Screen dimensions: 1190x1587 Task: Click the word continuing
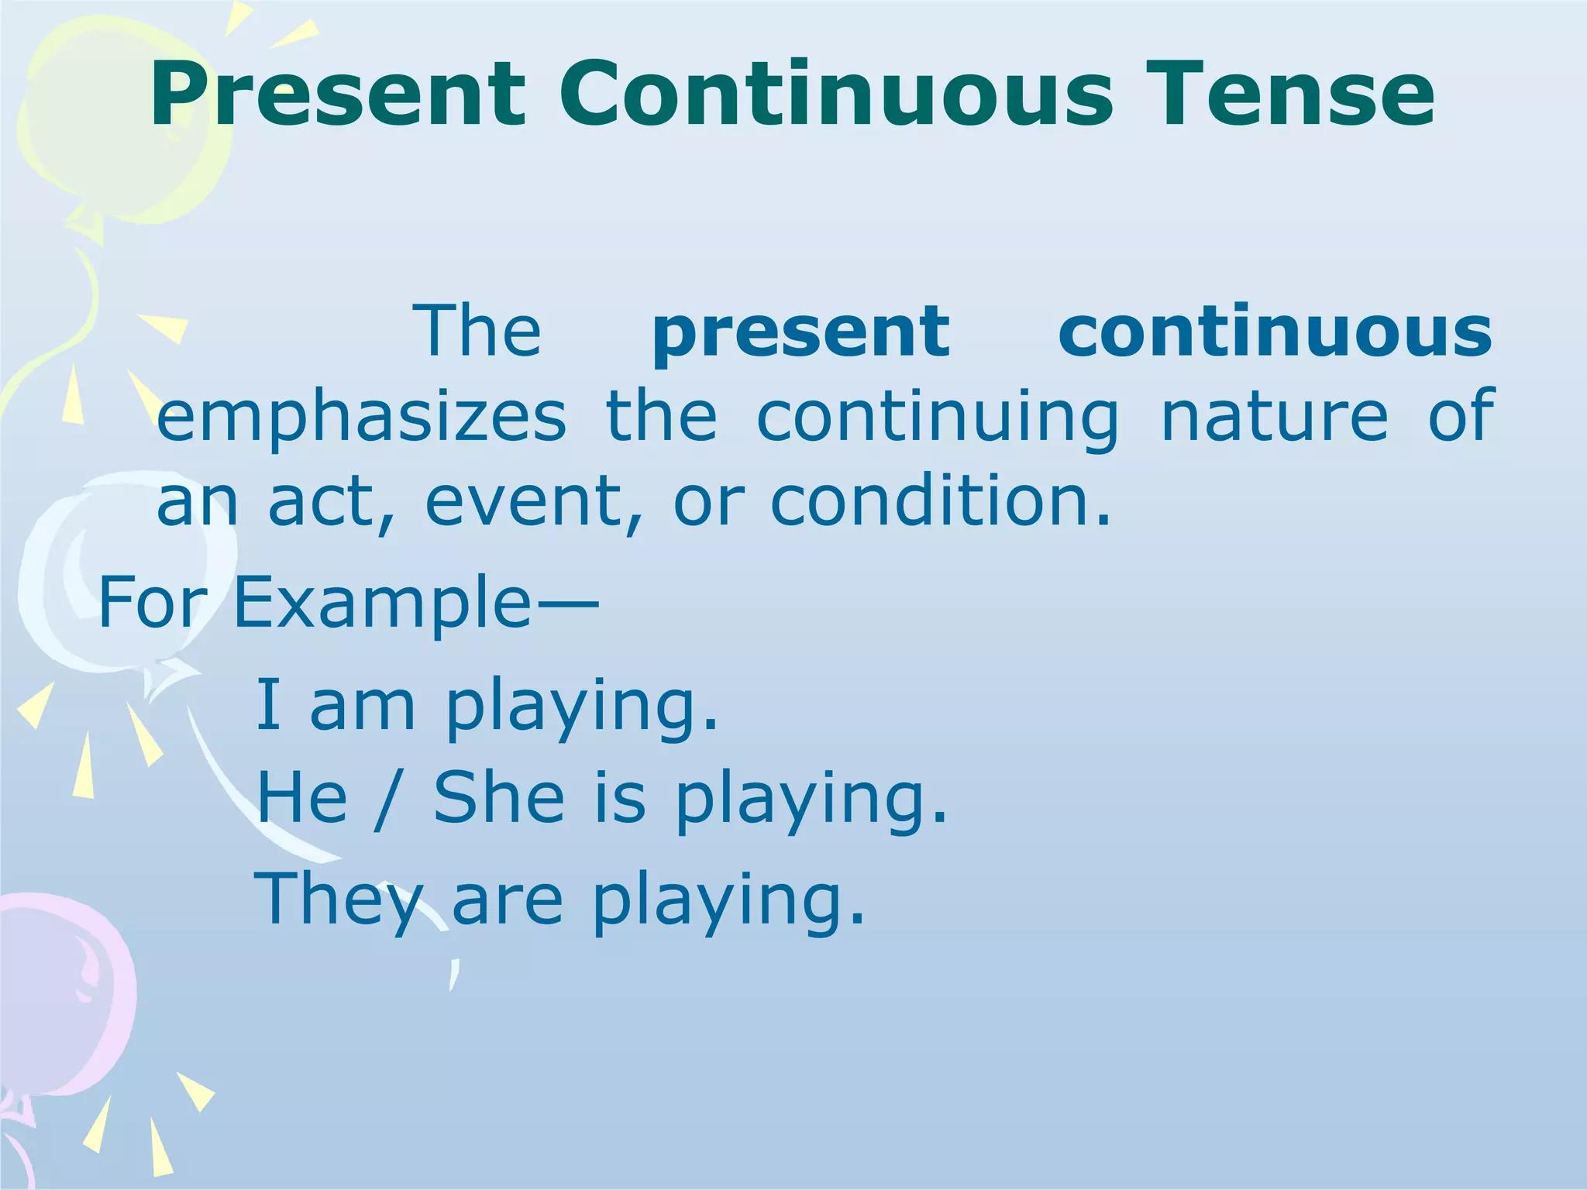click(x=937, y=418)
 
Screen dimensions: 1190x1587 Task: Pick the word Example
click(x=381, y=603)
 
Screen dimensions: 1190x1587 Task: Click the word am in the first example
click(x=362, y=707)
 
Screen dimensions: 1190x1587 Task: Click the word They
click(x=339, y=899)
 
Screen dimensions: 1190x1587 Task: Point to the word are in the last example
click(x=506, y=902)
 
